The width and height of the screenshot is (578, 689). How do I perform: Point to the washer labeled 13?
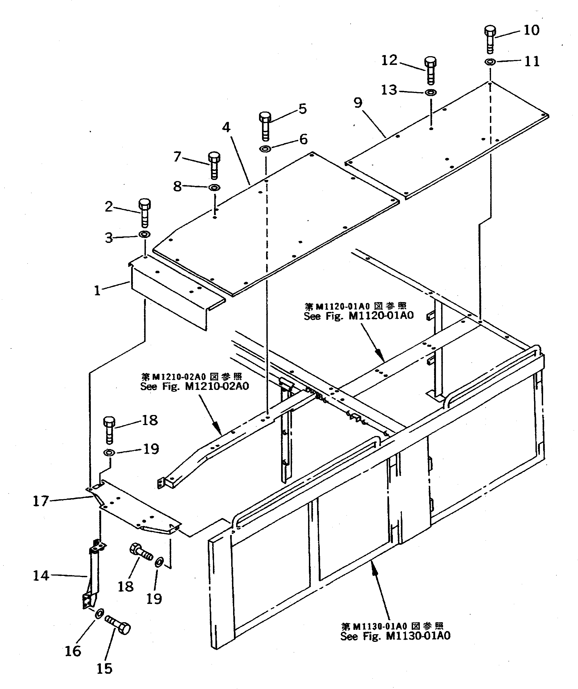click(431, 92)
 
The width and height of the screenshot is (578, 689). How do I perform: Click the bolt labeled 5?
click(265, 126)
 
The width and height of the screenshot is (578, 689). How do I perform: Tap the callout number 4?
click(226, 127)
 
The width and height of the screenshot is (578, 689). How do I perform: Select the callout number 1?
click(97, 290)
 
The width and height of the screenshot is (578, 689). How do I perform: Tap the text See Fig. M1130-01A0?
click(395, 636)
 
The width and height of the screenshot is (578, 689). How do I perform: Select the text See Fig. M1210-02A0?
click(194, 386)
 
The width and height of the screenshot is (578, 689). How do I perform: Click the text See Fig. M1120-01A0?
click(359, 316)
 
